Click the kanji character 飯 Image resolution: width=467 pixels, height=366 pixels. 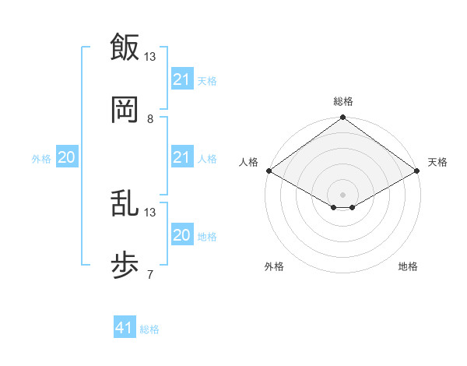pyautogui.click(x=125, y=47)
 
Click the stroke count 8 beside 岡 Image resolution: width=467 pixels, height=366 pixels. pyautogui.click(x=150, y=119)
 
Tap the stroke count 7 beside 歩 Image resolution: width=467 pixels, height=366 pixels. pyautogui.click(x=150, y=275)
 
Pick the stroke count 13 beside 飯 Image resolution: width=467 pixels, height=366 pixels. pyautogui.click(x=150, y=56)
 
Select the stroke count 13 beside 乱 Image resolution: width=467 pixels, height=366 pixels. pyautogui.click(x=150, y=212)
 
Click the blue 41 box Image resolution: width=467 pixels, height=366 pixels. pyautogui.click(x=125, y=328)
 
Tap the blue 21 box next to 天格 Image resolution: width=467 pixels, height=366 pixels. pyautogui.click(x=181, y=79)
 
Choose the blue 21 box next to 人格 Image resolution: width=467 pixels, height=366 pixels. pyautogui.click(x=181, y=157)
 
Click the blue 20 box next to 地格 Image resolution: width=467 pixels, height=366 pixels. pyautogui.click(x=181, y=235)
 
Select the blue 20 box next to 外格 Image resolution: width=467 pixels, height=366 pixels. pyautogui.click(x=66, y=157)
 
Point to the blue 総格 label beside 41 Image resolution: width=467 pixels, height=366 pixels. pyautogui.click(x=149, y=329)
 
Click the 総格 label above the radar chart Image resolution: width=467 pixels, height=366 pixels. pyautogui.click(x=343, y=101)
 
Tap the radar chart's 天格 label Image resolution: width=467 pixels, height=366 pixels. pyautogui.click(x=437, y=162)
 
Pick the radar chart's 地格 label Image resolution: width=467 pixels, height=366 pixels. pyautogui.click(x=408, y=266)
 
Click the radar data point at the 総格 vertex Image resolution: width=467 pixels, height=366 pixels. pyautogui.click(x=343, y=118)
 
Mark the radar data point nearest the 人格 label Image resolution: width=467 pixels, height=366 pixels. pyautogui.click(x=268, y=171)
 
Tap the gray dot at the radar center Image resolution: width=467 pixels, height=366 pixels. pyautogui.click(x=343, y=194)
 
